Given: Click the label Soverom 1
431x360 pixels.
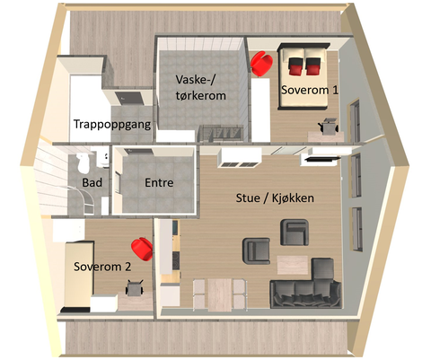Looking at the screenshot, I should click(x=310, y=91).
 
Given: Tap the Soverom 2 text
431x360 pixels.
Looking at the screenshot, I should click(x=102, y=267).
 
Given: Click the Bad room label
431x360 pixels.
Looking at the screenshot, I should click(x=92, y=182).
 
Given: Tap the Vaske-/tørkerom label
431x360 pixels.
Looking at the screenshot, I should click(x=199, y=87).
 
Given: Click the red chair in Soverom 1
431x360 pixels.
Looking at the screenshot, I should click(x=261, y=64).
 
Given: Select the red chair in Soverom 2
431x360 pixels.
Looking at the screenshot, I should click(x=141, y=247).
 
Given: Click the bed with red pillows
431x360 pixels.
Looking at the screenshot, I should click(x=306, y=65).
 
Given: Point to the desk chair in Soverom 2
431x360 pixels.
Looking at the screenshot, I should click(x=135, y=289).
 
